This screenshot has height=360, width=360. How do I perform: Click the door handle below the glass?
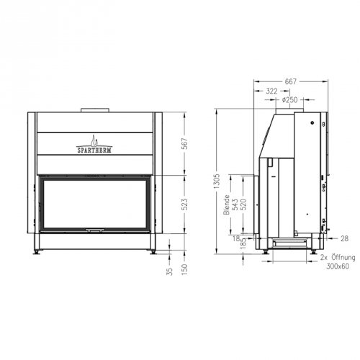94,230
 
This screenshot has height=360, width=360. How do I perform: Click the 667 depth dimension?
290,81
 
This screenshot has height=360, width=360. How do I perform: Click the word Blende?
226,204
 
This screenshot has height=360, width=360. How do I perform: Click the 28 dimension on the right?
344,238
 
